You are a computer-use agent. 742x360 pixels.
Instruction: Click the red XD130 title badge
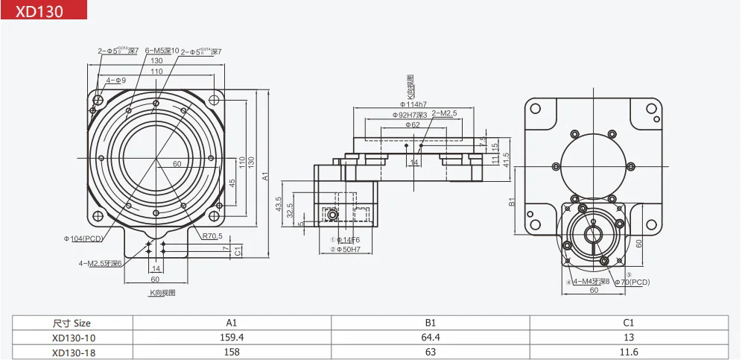point(44,10)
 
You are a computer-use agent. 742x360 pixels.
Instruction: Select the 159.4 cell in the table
point(232,338)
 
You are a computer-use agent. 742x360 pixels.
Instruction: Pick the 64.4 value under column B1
point(430,338)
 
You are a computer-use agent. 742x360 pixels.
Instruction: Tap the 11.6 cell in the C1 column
point(628,352)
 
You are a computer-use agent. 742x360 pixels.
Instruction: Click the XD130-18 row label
point(72,352)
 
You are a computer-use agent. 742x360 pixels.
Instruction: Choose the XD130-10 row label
point(72,338)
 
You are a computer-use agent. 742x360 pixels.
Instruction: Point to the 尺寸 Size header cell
point(72,323)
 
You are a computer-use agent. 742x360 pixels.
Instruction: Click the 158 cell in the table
point(232,352)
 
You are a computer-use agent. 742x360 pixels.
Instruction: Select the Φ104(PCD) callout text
point(83,239)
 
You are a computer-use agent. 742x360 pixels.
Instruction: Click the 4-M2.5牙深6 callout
point(101,262)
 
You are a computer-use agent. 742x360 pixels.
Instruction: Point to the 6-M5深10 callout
point(162,51)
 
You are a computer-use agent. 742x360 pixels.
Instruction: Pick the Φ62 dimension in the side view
point(413,125)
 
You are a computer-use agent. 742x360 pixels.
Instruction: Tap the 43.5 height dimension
point(278,203)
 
